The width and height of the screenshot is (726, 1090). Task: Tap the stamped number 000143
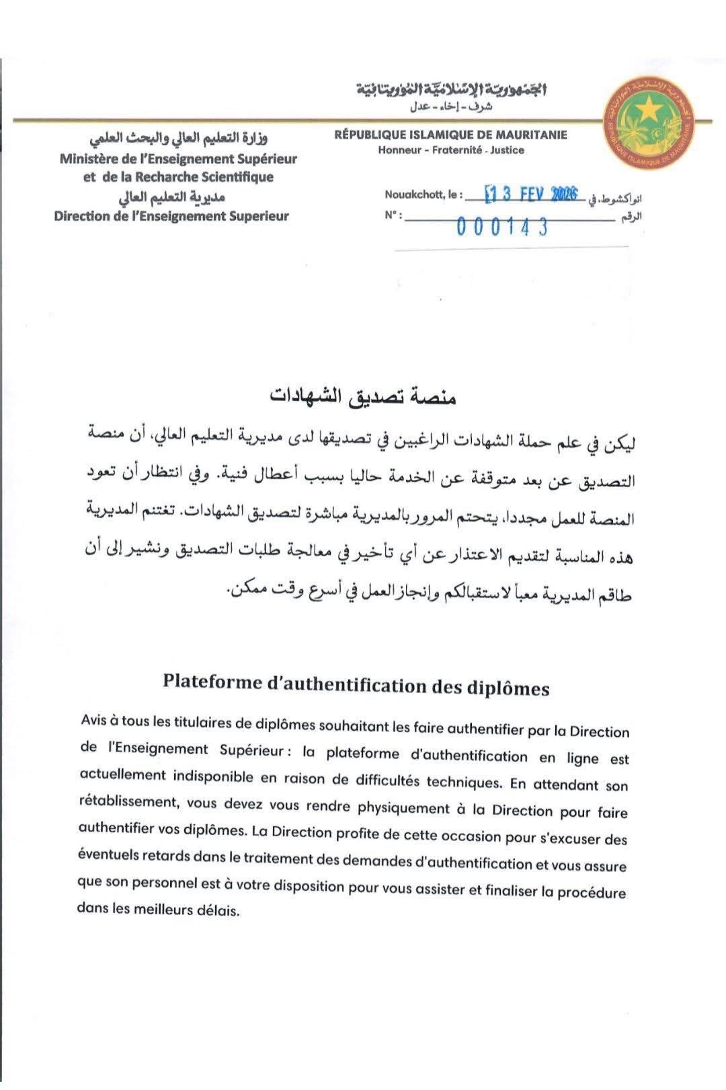pyautogui.click(x=502, y=227)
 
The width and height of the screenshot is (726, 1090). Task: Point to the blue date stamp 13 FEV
pyautogui.click(x=530, y=194)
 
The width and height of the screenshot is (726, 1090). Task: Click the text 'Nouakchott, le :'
pyautogui.click(x=424, y=194)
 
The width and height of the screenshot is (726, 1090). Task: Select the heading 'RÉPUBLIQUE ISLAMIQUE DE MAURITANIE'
pyautogui.click(x=450, y=135)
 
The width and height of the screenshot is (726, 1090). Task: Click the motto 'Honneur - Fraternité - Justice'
pyautogui.click(x=450, y=150)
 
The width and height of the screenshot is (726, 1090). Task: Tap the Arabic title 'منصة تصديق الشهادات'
pyautogui.click(x=363, y=396)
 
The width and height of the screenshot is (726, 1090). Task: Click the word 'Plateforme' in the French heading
pyautogui.click(x=211, y=682)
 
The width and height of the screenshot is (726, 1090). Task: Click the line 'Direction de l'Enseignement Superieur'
pyautogui.click(x=171, y=216)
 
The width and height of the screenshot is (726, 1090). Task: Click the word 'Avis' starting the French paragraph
pyautogui.click(x=93, y=721)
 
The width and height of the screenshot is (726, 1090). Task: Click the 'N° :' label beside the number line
pyautogui.click(x=393, y=215)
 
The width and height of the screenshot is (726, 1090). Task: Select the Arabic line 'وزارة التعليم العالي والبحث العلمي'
pyautogui.click(x=179, y=139)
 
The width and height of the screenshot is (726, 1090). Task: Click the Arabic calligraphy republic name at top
pyautogui.click(x=450, y=90)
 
